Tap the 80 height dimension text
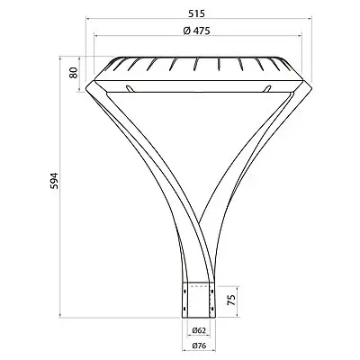pos(74,73)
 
